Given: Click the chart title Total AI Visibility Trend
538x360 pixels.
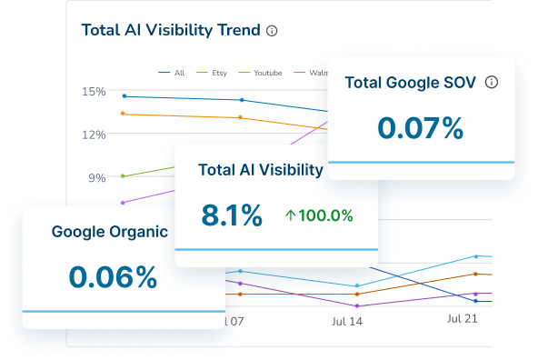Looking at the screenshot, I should [171, 30].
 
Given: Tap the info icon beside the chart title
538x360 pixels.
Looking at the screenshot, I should [272, 30].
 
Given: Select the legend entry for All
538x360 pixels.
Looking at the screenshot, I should [173, 72].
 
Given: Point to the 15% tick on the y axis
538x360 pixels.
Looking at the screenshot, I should [93, 92].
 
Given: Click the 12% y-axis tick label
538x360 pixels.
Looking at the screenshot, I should [93, 135].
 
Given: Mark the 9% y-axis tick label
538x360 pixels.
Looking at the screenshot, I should [96, 177].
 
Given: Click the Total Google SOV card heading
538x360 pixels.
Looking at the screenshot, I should [411, 83].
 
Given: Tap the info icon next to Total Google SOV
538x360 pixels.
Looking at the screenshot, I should [492, 83].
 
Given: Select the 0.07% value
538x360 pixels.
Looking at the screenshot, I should [421, 128].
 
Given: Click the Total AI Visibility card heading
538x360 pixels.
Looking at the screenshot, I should [260, 169].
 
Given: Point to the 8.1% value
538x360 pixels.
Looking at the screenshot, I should [232, 215].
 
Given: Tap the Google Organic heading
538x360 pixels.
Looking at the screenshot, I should [109, 231].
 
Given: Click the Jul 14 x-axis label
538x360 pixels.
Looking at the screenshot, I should [346, 321].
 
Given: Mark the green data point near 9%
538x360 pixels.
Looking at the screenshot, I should [124, 175].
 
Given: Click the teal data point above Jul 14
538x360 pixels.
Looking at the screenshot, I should [356, 285].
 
